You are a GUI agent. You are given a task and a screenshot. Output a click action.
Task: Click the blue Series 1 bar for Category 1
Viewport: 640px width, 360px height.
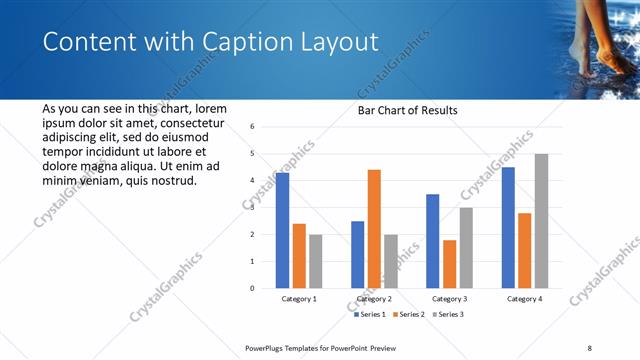283,230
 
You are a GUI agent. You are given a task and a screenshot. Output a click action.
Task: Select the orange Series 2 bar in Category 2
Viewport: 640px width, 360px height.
374,229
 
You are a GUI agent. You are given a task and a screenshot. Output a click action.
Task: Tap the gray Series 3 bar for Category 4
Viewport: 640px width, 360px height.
541,221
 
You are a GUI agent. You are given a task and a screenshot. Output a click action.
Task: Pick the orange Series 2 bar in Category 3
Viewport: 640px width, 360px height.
450,264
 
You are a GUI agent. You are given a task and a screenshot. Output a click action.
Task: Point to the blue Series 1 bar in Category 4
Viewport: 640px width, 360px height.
509,227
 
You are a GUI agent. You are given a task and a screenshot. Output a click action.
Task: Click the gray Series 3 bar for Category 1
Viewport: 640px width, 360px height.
316,261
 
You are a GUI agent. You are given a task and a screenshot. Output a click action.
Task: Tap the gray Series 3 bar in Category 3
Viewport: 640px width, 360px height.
466,247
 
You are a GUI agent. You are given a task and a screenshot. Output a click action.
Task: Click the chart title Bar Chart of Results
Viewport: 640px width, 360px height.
407,110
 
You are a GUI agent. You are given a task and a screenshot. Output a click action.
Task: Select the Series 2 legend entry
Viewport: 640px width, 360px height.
409,314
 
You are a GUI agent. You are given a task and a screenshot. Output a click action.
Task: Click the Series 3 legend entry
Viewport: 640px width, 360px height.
447,314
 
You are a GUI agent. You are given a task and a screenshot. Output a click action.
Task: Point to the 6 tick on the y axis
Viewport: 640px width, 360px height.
253,127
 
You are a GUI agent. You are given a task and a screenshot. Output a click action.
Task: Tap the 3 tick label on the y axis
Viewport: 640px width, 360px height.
253,208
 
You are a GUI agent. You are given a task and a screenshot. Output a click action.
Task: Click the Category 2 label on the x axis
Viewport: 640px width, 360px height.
374,299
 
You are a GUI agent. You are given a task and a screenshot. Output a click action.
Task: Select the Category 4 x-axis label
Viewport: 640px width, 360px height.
525,299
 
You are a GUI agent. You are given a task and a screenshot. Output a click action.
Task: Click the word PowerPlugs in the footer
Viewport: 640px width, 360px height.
269,347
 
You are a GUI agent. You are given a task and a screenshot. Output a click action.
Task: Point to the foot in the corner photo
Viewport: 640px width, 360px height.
603,50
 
